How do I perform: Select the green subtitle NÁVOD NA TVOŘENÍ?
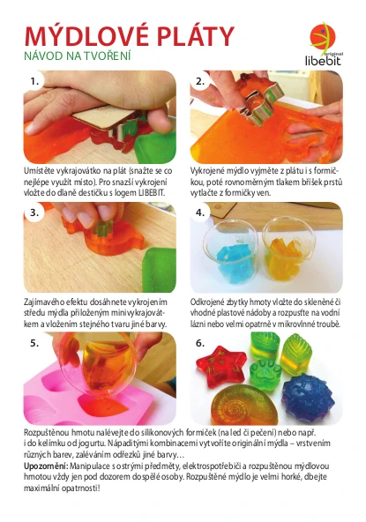78,56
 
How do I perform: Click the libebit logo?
324,43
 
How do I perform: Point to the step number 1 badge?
34,81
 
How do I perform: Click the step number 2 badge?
200,81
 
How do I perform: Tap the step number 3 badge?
34,213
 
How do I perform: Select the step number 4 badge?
200,213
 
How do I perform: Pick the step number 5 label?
34,343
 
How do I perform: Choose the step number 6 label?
200,343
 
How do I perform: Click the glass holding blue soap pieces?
230,253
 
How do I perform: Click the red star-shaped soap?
221,366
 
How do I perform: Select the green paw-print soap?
265,375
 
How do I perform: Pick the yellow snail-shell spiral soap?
244,405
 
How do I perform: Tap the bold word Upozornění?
46,466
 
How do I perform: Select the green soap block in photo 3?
160,270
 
